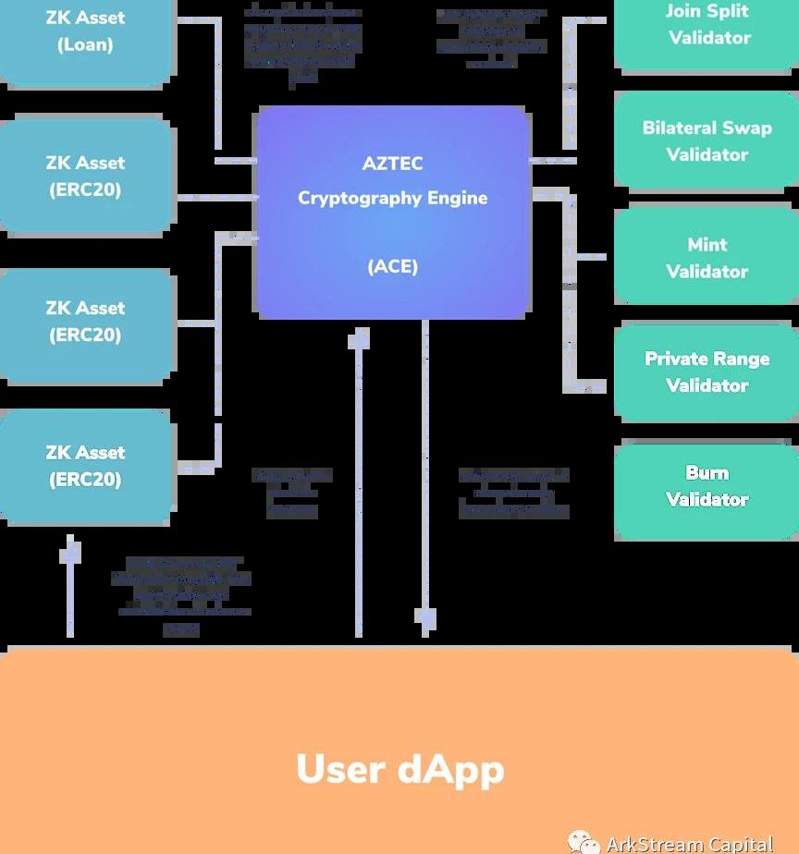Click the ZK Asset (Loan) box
(x=85, y=37)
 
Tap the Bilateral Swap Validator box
(x=707, y=141)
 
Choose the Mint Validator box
(x=707, y=257)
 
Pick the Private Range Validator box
(x=707, y=372)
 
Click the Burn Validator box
(x=707, y=487)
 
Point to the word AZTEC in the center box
(x=392, y=164)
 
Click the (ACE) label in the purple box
(x=392, y=267)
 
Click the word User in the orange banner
(x=340, y=770)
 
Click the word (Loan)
(x=85, y=44)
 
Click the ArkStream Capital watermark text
(x=689, y=843)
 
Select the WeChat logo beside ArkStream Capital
(x=584, y=842)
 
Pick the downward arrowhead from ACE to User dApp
(x=425, y=616)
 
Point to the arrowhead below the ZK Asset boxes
(x=70, y=553)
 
